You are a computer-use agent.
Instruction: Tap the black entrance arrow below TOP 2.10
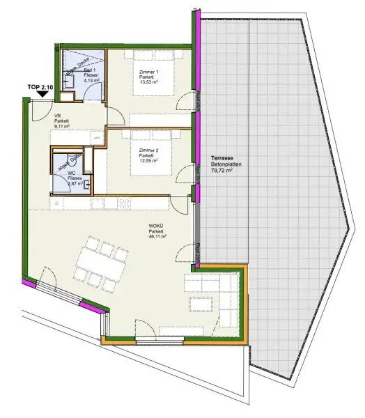(42, 92)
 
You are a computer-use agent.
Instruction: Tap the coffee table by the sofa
(201, 304)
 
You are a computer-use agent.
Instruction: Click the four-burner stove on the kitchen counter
(125, 203)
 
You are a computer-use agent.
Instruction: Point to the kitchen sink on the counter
(98, 203)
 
